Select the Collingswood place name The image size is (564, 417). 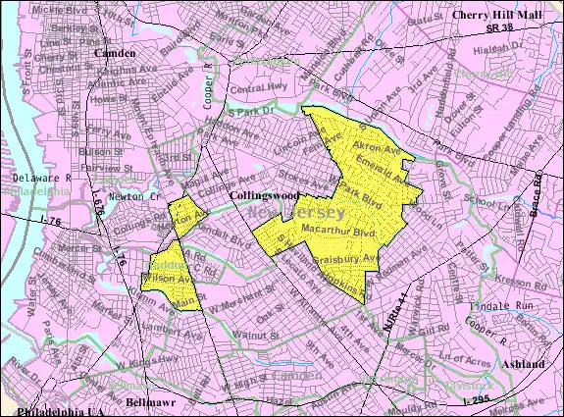(264, 196)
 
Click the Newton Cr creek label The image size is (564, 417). (137, 196)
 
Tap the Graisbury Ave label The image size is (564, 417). (345, 258)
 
